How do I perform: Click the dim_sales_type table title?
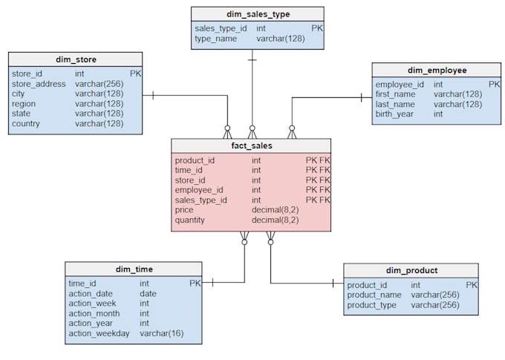pyautogui.click(x=258, y=14)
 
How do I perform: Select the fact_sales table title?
pyautogui.click(x=252, y=146)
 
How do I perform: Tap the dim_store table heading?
pyautogui.click(x=76, y=59)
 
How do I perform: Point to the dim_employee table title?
pyautogui.click(x=437, y=71)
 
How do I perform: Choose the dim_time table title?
pyautogui.click(x=134, y=269)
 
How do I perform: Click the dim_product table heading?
pyautogui.click(x=411, y=270)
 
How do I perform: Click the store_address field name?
pyautogui.click(x=39, y=84)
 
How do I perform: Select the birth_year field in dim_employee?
pyautogui.click(x=394, y=114)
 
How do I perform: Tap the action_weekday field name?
pyautogui.click(x=99, y=333)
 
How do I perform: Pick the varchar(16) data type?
pyautogui.click(x=162, y=333)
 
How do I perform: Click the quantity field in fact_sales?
pyautogui.click(x=189, y=220)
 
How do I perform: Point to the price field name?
pyautogui.click(x=184, y=210)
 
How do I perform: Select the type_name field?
pyautogui.click(x=216, y=39)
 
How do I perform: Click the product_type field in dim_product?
pyautogui.click(x=371, y=305)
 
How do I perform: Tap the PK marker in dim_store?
pyautogui.click(x=136, y=73)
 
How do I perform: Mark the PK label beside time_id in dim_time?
pyautogui.click(x=195, y=284)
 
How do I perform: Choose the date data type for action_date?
pyautogui.click(x=148, y=294)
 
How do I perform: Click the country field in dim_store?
pyautogui.click(x=26, y=124)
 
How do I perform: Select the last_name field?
pyautogui.click(x=395, y=105)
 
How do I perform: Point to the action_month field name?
pyautogui.click(x=94, y=314)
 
